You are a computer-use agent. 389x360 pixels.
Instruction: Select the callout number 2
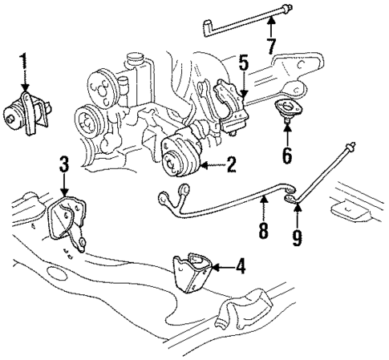(x=232, y=166)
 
